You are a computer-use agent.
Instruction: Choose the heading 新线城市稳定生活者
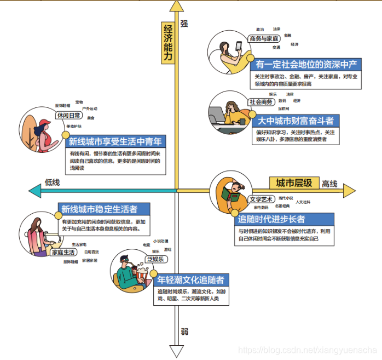pos(106,209)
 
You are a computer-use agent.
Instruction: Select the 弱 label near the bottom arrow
pos(184,332)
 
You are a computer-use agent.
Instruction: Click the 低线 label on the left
pos(53,182)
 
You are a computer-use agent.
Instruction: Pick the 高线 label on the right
pos(329,184)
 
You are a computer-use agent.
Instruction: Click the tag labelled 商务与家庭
pos(264,39)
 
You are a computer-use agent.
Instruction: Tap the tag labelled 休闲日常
pos(69,116)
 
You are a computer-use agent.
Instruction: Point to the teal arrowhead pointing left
pos(34,191)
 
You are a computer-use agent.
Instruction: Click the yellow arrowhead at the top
pos(176,6)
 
